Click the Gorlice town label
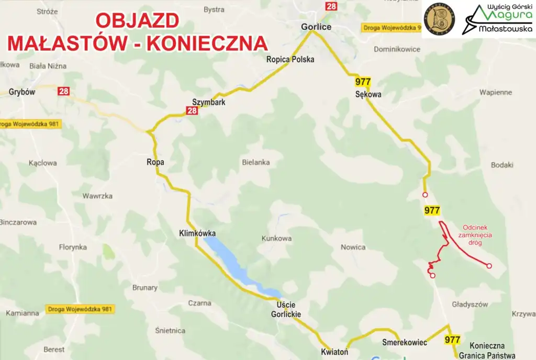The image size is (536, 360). pos(316,27)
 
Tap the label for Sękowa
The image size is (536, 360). pos(368,95)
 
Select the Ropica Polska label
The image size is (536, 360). pos(291,59)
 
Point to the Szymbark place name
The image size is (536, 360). pos(208,102)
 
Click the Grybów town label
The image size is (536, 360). pos(21,92)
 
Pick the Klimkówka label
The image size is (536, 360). pos(197,233)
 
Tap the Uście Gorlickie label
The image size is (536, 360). pos(286,309)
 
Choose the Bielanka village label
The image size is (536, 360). pos(256,162)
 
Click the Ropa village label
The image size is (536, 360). pos(155,162)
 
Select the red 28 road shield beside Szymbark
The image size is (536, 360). pos(192,110)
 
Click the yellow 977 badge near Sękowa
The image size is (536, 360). pos(363,82)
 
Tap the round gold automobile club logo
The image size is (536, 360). pos(439,19)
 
